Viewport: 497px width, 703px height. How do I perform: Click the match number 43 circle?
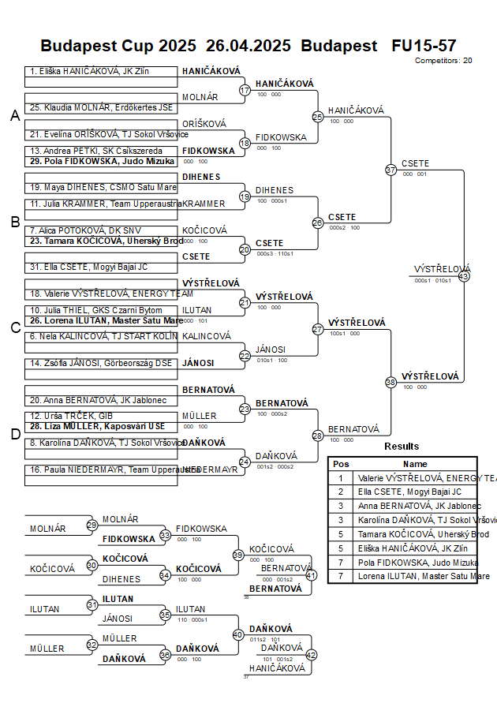464,276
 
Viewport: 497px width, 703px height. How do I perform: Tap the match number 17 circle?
245,91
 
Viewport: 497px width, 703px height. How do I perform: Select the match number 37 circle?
390,170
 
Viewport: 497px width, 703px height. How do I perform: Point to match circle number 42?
311,655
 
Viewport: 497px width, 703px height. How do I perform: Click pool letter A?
14,116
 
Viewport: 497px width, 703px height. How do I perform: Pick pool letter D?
14,433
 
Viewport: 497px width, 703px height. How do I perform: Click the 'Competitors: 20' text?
443,60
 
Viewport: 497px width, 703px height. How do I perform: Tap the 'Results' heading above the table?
402,447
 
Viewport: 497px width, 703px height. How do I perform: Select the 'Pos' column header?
341,465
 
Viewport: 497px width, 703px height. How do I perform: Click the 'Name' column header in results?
415,465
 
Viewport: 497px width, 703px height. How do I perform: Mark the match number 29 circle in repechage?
92,525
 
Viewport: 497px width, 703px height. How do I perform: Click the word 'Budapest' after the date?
339,46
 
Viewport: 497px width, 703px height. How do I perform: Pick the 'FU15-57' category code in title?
424,46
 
